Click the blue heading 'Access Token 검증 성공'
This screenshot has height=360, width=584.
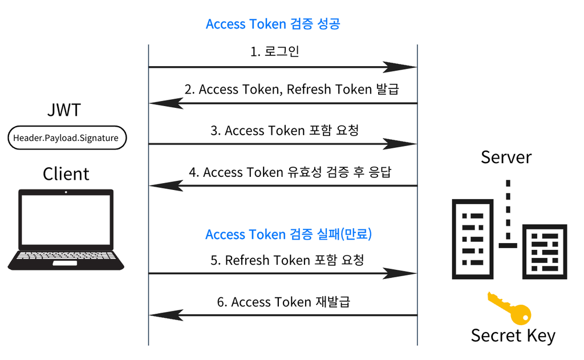(x=273, y=25)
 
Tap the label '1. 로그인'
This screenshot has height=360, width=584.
(x=275, y=52)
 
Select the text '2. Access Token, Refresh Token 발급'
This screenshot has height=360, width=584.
(x=291, y=90)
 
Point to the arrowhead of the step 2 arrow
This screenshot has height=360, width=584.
(x=166, y=103)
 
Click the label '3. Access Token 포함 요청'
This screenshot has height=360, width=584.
(x=285, y=131)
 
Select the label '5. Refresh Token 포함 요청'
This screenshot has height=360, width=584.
(x=287, y=260)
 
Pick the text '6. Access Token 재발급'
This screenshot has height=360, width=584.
(x=283, y=302)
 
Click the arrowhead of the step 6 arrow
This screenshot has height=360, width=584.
(x=166, y=315)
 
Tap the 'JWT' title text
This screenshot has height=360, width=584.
(x=64, y=110)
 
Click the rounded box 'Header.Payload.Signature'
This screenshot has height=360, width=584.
(x=66, y=137)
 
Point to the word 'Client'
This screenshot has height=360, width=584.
(x=66, y=173)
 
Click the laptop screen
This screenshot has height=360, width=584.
(x=66, y=220)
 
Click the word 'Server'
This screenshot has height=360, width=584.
(x=506, y=157)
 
